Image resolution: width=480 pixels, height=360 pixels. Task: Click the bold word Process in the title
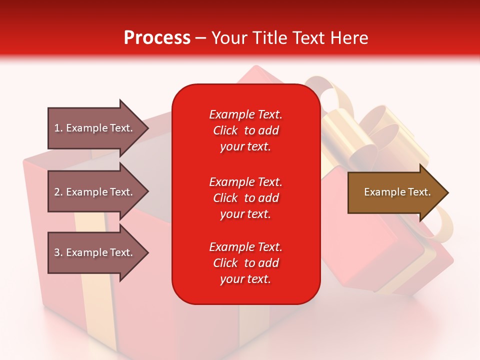[x=157, y=38]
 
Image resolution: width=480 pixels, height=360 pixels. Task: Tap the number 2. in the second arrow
[x=58, y=192]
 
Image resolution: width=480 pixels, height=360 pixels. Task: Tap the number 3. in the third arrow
[x=58, y=252]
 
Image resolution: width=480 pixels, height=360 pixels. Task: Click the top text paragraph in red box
[x=245, y=130]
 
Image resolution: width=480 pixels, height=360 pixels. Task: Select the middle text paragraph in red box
[x=245, y=198]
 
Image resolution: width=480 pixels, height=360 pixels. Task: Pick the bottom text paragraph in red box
[x=245, y=263]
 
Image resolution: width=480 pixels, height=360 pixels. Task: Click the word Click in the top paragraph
[x=225, y=130]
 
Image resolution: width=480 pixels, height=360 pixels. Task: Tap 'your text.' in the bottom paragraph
[x=245, y=279]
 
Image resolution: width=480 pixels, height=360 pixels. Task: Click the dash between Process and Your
[x=201, y=38]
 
